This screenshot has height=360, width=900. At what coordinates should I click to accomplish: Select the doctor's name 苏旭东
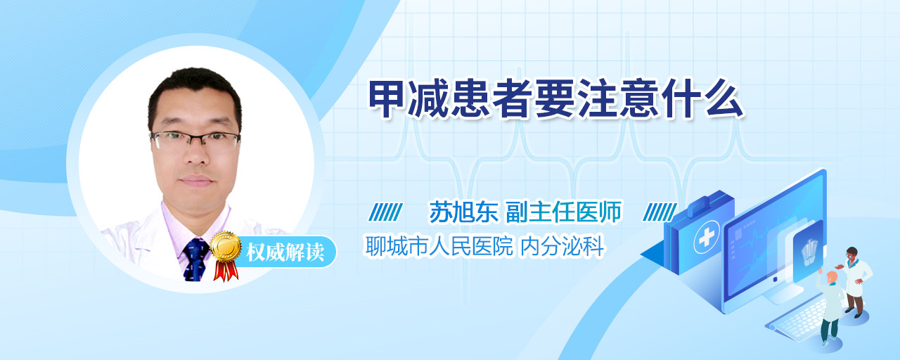click(x=463, y=212)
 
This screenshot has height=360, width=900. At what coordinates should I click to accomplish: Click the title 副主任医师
click(x=564, y=212)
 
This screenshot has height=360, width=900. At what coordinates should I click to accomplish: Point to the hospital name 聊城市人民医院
click(x=439, y=246)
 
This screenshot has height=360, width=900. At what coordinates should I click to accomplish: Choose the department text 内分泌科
click(x=562, y=246)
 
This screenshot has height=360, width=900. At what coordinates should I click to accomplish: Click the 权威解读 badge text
click(x=285, y=252)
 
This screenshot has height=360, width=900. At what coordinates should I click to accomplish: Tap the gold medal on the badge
click(x=226, y=246)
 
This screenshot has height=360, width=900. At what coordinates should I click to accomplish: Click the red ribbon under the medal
click(x=226, y=271)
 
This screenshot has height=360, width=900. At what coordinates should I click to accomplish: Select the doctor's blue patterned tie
click(x=195, y=259)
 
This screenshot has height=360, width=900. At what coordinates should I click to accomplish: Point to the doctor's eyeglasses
click(x=195, y=140)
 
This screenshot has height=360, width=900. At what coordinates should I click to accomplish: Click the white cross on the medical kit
click(x=707, y=237)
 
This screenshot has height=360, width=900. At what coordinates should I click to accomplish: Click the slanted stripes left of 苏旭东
click(x=386, y=212)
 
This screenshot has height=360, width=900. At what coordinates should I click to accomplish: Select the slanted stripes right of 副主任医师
click(x=660, y=212)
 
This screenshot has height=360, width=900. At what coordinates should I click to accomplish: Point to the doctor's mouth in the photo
click(x=196, y=181)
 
